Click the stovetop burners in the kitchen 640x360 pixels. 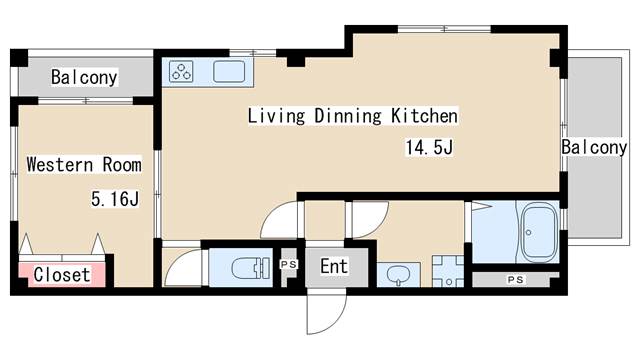pos(181,71)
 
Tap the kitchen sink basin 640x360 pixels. pos(229,71)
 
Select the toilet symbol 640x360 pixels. pos(249,268)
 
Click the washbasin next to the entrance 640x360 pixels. pos(398,275)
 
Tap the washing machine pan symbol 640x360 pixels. pos(448,271)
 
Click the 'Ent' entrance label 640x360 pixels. pos(334,267)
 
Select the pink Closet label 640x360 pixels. pos(62,275)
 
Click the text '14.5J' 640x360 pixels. pos(429,147)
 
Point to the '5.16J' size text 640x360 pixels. pos(115,199)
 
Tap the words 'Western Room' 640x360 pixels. pos(84,164)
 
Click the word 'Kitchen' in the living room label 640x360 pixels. pos(424,116)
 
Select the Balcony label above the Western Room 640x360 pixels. pos(84,77)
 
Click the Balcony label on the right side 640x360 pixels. pos(594,147)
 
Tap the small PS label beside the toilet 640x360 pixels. pos(289,264)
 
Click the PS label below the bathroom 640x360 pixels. pos(516,280)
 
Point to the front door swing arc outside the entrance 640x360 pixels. pos(334,322)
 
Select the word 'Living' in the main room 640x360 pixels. pos(276,116)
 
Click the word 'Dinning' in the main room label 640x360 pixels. pos(348,116)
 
